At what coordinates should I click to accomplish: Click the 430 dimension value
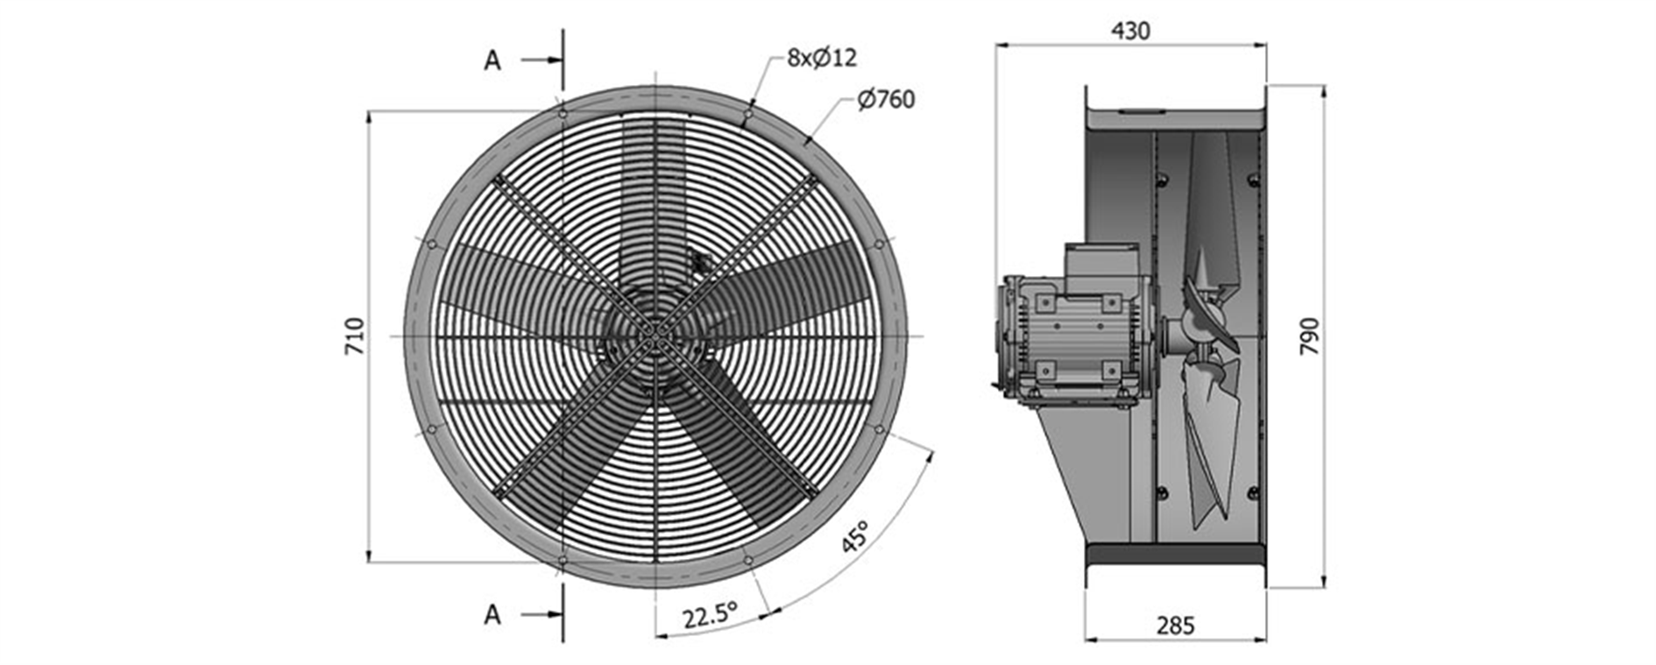pyautogui.click(x=1130, y=31)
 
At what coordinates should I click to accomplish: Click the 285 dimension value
pyautogui.click(x=1175, y=626)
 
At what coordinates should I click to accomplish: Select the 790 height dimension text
pyautogui.click(x=1308, y=336)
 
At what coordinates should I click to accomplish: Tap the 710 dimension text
pyautogui.click(x=354, y=336)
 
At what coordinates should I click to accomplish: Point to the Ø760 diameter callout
pyautogui.click(x=886, y=100)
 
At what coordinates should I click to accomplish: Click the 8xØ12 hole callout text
pyautogui.click(x=821, y=58)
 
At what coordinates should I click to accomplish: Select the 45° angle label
pyautogui.click(x=855, y=535)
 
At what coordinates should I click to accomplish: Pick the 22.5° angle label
pyautogui.click(x=710, y=616)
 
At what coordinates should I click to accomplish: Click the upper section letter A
pyautogui.click(x=492, y=60)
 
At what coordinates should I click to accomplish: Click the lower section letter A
pyautogui.click(x=492, y=615)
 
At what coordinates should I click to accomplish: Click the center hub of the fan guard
pyautogui.click(x=655, y=335)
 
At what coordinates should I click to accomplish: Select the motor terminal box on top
pyautogui.click(x=1100, y=260)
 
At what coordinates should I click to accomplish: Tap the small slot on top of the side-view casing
pyautogui.click(x=1141, y=111)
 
